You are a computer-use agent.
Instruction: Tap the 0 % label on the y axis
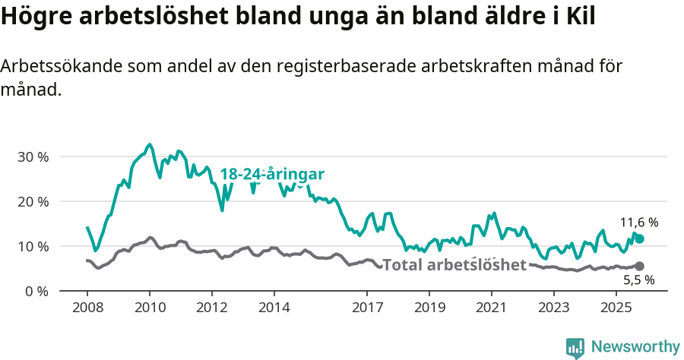tap(36, 292)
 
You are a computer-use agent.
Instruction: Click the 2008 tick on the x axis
tap(87, 308)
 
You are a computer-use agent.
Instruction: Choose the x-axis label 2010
tap(150, 308)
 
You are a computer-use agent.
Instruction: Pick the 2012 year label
tap(211, 308)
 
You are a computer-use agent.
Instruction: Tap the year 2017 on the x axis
tap(367, 308)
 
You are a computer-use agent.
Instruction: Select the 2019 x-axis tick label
tap(429, 308)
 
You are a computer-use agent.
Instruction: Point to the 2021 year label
tap(491, 308)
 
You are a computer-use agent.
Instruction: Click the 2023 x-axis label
tap(553, 308)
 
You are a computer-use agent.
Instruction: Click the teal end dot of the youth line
tap(640, 239)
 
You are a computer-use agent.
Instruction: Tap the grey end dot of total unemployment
tap(640, 267)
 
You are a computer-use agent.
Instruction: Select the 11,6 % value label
tap(639, 223)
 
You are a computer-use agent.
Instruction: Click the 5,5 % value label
tap(639, 280)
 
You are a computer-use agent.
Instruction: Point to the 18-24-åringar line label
tap(272, 175)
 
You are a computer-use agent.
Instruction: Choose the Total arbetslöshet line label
tap(454, 265)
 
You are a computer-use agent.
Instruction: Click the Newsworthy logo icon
tap(575, 348)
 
